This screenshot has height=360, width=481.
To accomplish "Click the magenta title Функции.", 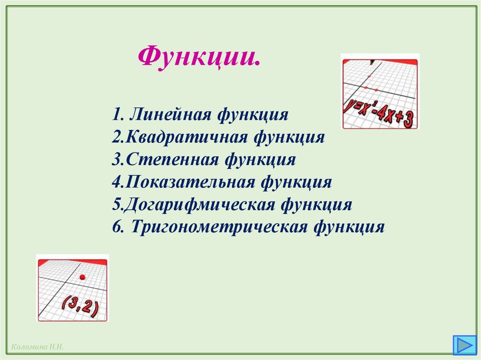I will [x=199, y=57].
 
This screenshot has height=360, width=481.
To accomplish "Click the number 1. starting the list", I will [x=118, y=115].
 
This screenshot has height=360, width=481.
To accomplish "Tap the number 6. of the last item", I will [x=118, y=227].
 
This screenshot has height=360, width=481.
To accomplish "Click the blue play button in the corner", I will [x=464, y=345].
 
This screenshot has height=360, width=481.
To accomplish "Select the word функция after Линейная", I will [x=253, y=115].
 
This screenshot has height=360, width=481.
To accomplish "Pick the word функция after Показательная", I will [x=297, y=182].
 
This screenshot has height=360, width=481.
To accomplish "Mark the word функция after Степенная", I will [x=260, y=160].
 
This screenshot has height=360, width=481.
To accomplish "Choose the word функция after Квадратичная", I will [x=289, y=137].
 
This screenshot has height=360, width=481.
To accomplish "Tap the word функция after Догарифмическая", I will [x=317, y=205].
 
